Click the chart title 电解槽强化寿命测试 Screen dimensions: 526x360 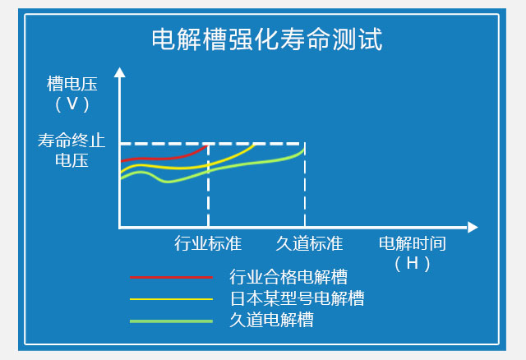pos(267,39)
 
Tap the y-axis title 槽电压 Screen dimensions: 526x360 pos(72,84)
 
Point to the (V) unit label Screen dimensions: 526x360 pos(72,104)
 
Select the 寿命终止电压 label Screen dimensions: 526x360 pos(72,150)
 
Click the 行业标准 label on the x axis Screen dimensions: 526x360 pos(208,243)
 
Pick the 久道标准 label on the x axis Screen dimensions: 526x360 pos(309,243)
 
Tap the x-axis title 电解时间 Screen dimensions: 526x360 pos(413,243)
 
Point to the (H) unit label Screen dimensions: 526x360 pos(413,264)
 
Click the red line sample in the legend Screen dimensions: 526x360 pos(172,278)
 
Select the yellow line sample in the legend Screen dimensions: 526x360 pos(172,299)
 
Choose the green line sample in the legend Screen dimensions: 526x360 pos(172,321)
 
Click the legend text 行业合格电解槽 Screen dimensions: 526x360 pos(288,277)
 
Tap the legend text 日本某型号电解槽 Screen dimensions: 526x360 pos(298,298)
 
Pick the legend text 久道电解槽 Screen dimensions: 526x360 pos(272,320)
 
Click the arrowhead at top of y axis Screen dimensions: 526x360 pos(119,72)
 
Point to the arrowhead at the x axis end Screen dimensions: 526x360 pos(473,227)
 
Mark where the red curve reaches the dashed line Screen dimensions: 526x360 pos(208,145)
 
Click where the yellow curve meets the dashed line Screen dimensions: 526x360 pos(255,145)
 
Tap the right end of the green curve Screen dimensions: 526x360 pos(304,149)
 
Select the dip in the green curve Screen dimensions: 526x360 pos(167,182)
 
